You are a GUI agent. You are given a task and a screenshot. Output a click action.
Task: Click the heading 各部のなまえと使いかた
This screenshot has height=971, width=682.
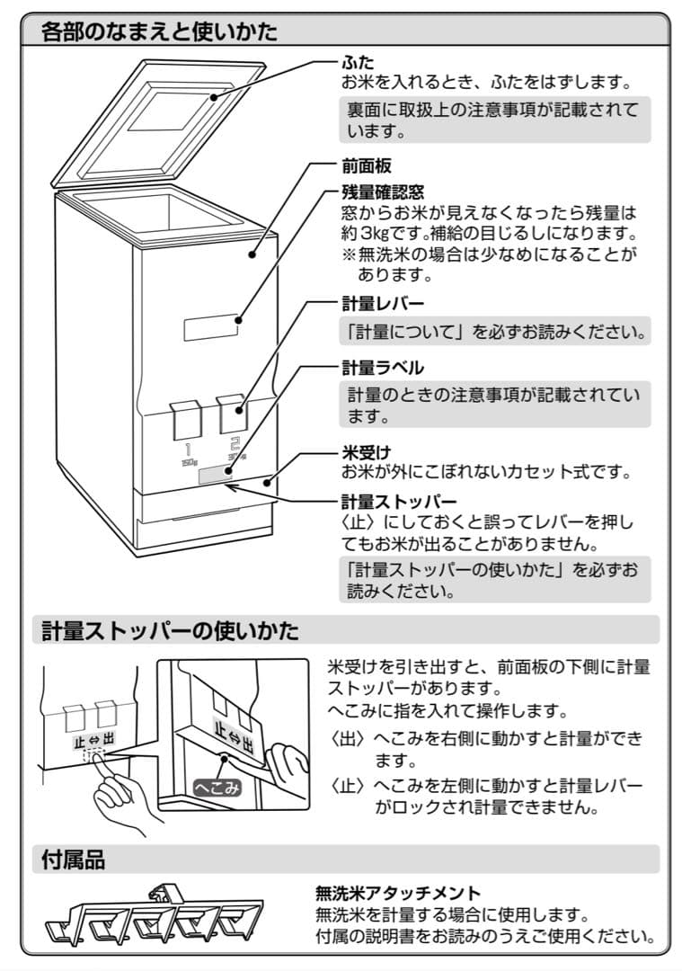pos(160,32)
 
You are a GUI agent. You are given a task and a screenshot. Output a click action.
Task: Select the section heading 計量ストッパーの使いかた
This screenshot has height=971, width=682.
pos(171,630)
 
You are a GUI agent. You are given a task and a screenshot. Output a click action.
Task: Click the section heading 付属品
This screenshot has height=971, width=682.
pos(74,860)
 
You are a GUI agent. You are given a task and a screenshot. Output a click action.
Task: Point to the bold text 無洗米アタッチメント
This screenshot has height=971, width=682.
pos(398,894)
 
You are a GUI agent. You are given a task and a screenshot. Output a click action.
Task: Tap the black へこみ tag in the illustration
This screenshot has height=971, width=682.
pos(217,788)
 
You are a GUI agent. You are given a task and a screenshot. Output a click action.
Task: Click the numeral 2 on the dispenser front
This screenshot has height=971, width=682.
pos(235,444)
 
